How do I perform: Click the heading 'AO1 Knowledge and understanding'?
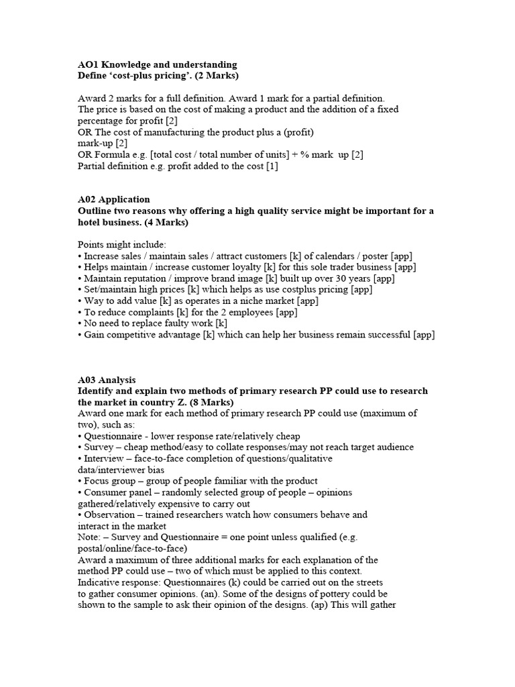(157, 64)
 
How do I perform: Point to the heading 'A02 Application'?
(114, 199)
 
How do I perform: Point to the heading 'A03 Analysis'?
(107, 380)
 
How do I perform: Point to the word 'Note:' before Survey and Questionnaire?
(91, 537)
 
